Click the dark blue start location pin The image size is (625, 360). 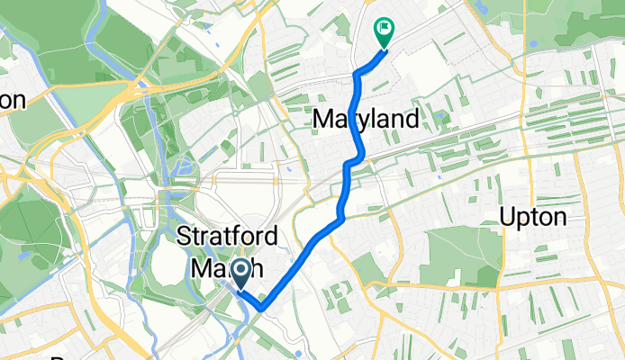241,273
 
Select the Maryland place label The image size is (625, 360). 366,119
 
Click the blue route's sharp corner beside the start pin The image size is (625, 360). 262,309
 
